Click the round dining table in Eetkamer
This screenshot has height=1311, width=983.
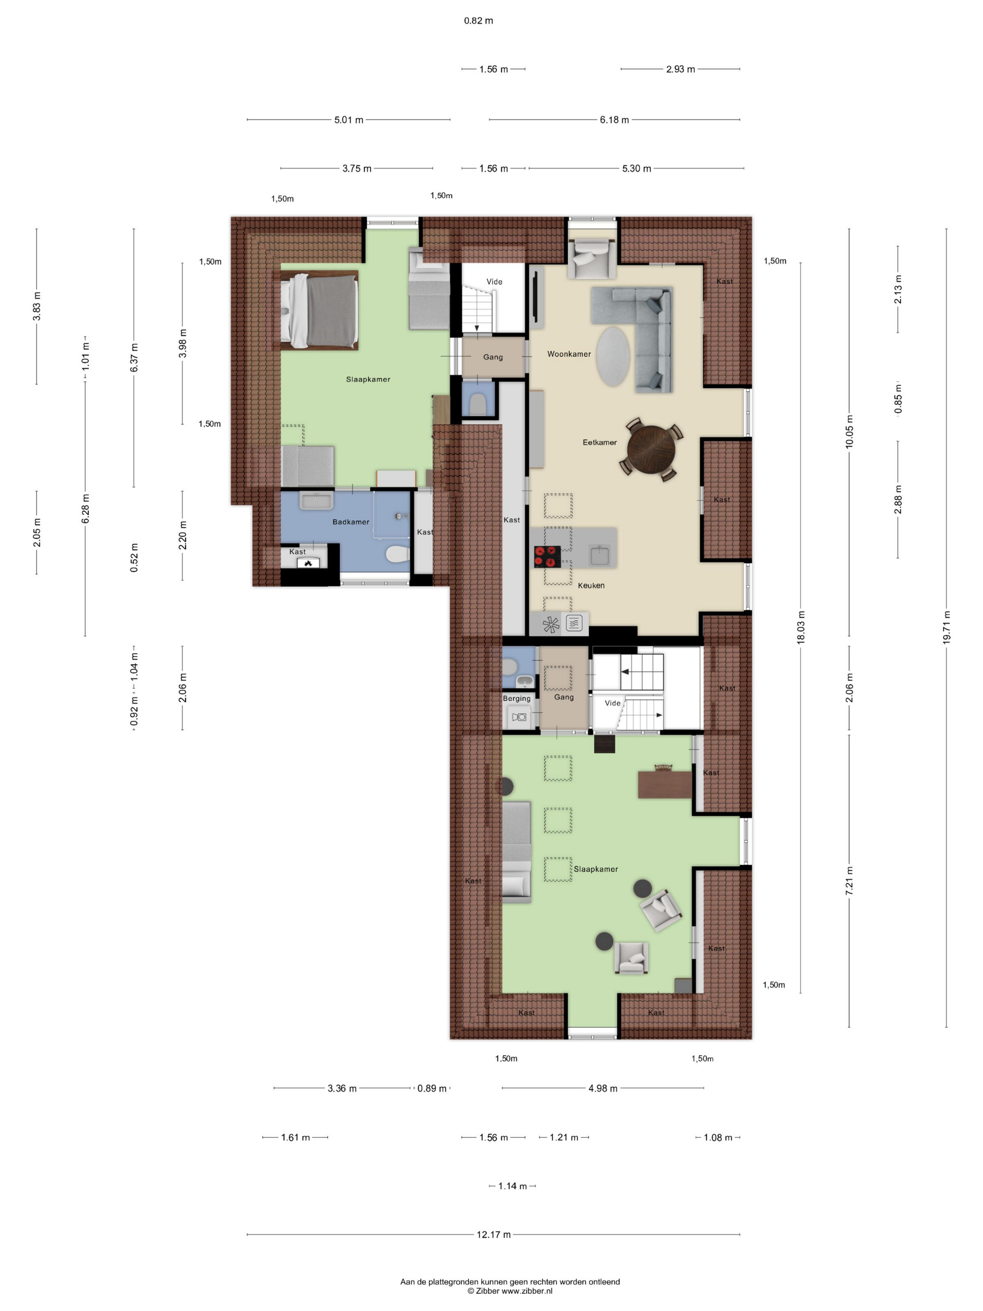point(651,449)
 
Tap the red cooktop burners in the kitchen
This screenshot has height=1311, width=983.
point(547,556)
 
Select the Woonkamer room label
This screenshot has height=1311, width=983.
point(569,354)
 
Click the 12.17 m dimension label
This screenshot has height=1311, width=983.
point(493,1235)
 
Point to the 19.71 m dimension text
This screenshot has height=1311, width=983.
point(946,627)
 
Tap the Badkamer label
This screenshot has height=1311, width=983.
point(351,522)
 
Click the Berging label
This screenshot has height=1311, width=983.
point(517,698)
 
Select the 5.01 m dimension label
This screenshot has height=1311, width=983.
point(348,120)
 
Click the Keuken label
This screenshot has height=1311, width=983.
point(591,585)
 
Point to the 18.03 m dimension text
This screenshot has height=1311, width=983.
point(800,627)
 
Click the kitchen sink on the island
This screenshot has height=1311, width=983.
point(599,555)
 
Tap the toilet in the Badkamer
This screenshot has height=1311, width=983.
point(397,555)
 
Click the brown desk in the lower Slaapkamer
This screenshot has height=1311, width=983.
point(665,784)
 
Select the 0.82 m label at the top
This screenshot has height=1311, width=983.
point(478,21)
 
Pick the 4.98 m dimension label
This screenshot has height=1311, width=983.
point(602,1088)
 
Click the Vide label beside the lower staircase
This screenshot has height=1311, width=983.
point(612,703)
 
